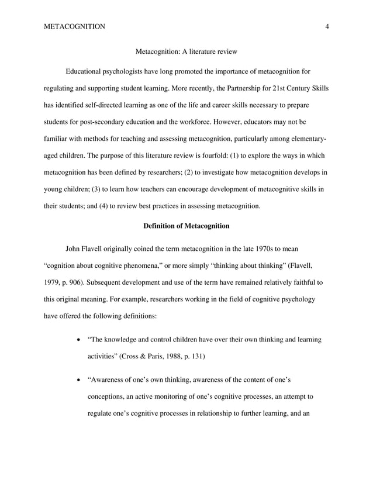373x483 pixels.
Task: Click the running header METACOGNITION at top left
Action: pyautogui.click(x=74, y=26)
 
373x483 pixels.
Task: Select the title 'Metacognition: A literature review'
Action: pyautogui.click(x=186, y=52)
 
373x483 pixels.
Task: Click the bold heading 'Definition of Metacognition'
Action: pyautogui.click(x=186, y=226)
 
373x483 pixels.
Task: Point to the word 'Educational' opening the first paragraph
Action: pyautogui.click(x=87, y=72)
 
